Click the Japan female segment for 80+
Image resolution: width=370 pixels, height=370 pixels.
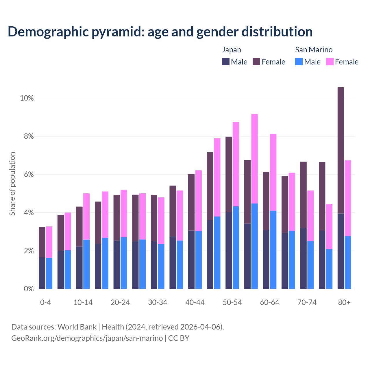click(341, 150)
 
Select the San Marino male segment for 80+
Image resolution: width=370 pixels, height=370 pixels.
click(348, 262)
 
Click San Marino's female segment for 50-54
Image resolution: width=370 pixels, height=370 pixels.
click(236, 164)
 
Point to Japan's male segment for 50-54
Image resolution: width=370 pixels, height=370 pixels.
click(229, 250)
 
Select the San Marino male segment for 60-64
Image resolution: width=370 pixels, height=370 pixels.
click(273, 250)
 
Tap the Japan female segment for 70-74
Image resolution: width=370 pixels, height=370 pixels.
click(304, 195)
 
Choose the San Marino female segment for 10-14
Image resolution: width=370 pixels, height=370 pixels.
click(86, 217)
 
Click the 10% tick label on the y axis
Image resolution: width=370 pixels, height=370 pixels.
click(27, 98)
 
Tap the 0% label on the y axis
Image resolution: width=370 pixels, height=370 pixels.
click(28, 289)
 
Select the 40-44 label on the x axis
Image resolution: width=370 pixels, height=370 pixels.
click(195, 303)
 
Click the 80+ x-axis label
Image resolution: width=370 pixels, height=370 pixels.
click(344, 303)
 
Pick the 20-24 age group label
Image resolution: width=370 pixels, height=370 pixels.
click(120, 303)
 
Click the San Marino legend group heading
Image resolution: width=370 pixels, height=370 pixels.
click(314, 50)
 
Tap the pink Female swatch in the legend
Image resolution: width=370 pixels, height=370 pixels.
click(330, 62)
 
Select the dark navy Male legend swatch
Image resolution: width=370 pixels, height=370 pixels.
click(226, 62)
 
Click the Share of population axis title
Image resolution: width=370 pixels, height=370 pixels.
click(12, 184)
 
